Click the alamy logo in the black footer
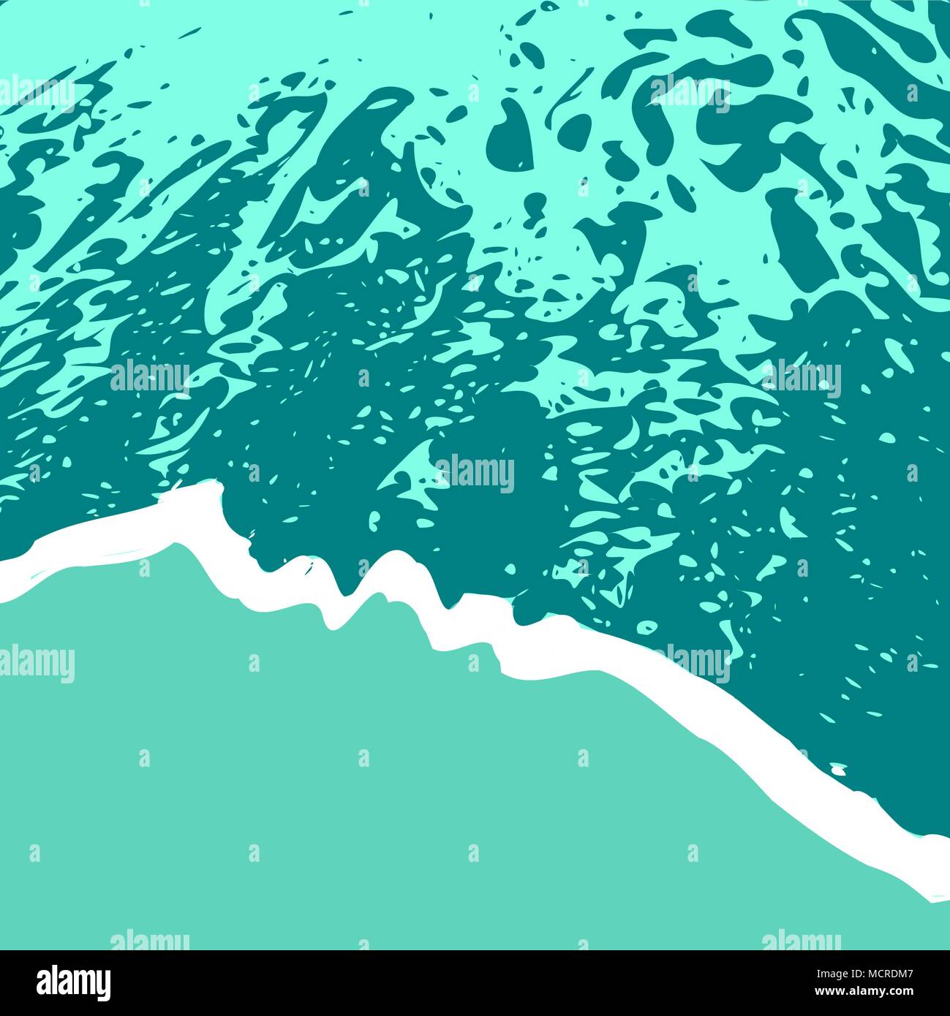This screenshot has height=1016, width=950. click(73, 983)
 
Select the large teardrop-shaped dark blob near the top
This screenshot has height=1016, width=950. click(510, 130)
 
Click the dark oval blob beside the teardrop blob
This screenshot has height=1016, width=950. click(574, 132)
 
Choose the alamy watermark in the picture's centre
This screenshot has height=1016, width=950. click(475, 474)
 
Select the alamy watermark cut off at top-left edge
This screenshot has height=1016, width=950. click(37, 94)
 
